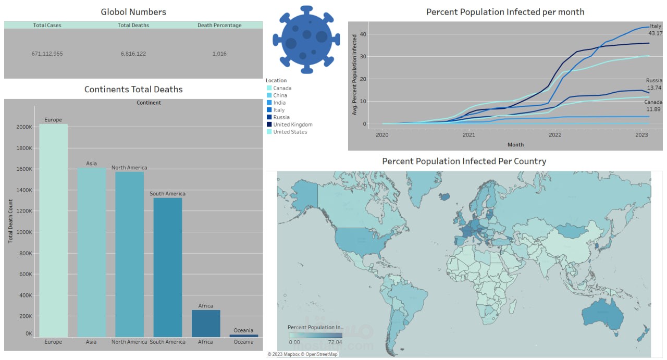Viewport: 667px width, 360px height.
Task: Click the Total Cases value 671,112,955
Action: click(47, 54)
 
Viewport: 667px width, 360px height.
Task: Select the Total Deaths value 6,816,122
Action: click(133, 54)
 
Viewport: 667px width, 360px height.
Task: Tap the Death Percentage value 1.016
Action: click(219, 54)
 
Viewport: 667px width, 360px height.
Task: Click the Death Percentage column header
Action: click(219, 25)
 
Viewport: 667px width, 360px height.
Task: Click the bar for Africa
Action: click(206, 324)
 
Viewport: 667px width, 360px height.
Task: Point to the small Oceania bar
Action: click(243, 336)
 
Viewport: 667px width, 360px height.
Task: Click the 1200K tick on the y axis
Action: click(24, 212)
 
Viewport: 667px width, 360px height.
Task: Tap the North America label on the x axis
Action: click(129, 342)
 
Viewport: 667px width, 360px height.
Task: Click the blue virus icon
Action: click(302, 40)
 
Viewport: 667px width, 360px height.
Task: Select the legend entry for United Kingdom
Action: click(292, 125)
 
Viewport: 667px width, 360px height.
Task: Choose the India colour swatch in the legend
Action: click(269, 103)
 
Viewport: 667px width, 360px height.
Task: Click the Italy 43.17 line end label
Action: click(655, 30)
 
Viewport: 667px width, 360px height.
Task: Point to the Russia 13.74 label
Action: click(653, 84)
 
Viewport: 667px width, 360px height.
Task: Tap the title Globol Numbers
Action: click(133, 11)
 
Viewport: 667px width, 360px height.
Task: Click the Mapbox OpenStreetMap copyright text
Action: click(303, 354)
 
